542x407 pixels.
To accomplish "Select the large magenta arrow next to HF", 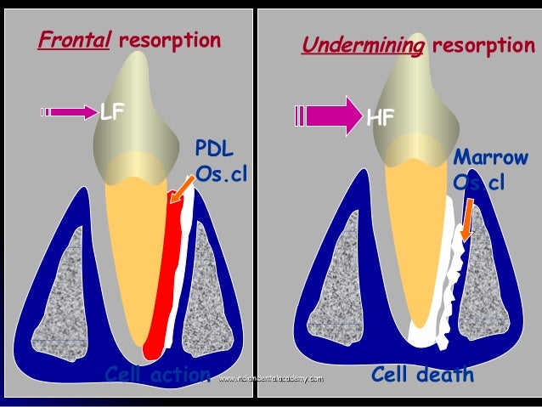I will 328,115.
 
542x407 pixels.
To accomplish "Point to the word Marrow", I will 490,159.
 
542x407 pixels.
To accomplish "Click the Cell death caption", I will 422,375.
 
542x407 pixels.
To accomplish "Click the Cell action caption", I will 156,375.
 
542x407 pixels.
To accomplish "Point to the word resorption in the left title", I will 170,40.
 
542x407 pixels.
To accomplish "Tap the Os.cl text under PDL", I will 218,174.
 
